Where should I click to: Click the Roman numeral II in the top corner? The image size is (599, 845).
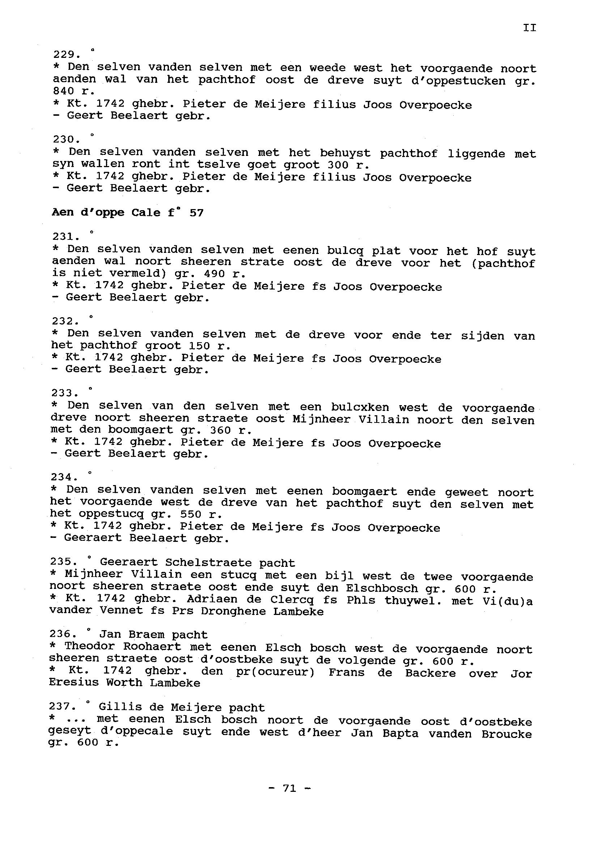[529, 27]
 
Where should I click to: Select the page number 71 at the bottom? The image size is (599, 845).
[289, 788]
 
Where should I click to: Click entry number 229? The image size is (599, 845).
[67, 55]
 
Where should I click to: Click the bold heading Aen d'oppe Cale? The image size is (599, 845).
[106, 213]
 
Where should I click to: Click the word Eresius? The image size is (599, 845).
[74, 683]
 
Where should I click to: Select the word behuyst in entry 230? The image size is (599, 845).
[345, 153]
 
